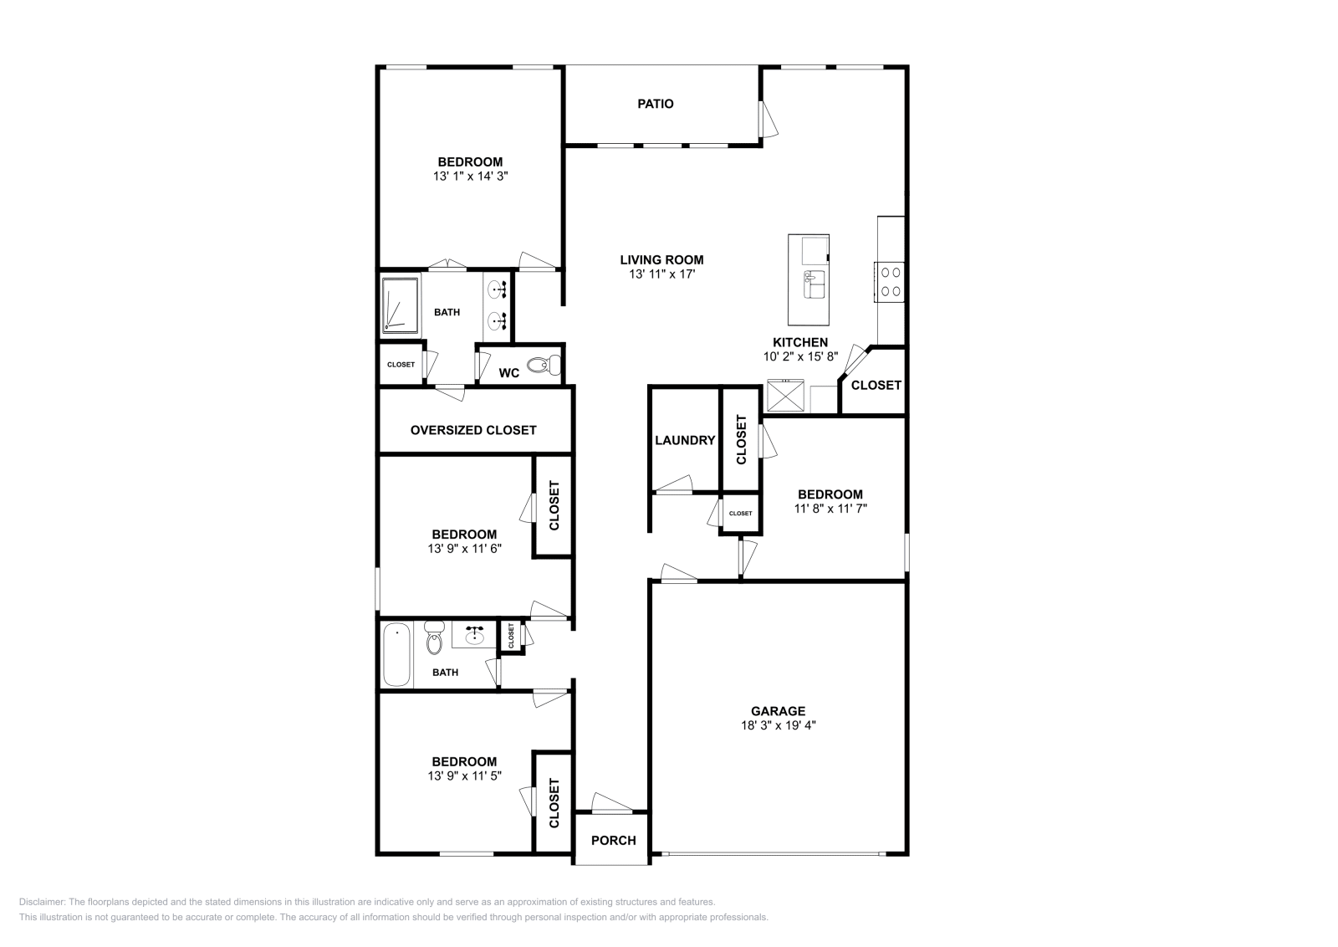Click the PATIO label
[655, 104]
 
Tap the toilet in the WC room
[548, 365]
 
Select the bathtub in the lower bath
[396, 654]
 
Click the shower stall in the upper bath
[400, 305]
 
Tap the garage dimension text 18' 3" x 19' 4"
[778, 726]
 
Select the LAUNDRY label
[685, 440]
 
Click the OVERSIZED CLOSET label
[473, 430]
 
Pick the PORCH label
[613, 840]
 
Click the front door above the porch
[612, 805]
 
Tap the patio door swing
[768, 120]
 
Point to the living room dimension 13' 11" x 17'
[661, 274]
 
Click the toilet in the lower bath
[433, 639]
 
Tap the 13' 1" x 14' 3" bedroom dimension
[470, 177]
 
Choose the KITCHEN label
[799, 342]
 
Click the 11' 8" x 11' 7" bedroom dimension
[830, 508]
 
